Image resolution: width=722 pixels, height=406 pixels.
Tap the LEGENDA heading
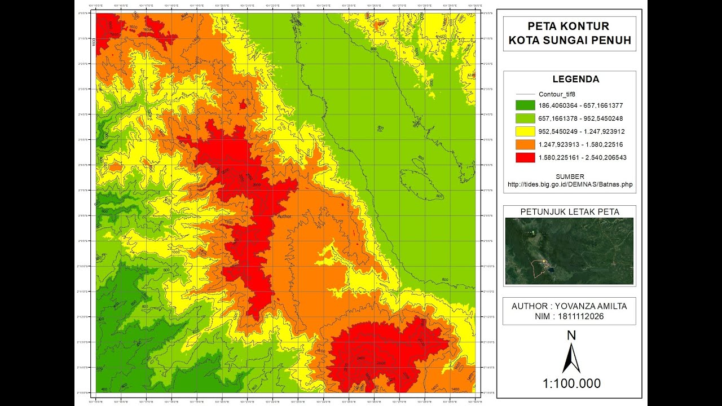[569, 80]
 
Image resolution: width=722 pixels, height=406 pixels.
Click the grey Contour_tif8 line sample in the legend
[525, 94]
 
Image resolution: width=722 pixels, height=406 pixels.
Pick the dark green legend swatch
[525, 105]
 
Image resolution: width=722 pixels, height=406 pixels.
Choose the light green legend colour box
[525, 118]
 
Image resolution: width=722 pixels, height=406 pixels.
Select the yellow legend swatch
[525, 131]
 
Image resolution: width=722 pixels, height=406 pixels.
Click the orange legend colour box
[525, 144]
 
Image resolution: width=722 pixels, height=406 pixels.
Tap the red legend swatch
[525, 157]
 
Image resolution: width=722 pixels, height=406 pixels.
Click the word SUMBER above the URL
[570, 176]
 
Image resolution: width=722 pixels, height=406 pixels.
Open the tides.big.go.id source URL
[570, 184]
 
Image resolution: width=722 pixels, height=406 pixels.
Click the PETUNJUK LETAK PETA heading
[570, 212]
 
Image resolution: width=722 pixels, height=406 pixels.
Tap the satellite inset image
[569, 251]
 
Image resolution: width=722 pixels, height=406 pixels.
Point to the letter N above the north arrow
[571, 336]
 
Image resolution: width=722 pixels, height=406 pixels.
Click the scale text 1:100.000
[571, 384]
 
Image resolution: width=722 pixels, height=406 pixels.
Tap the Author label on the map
[284, 216]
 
